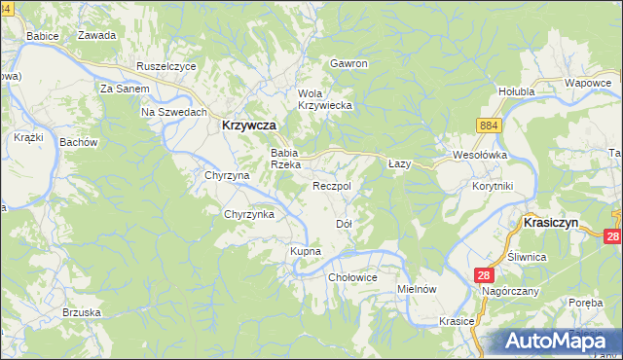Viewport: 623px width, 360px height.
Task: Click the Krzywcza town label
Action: click(x=249, y=126)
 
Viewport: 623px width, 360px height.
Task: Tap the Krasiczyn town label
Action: click(x=551, y=223)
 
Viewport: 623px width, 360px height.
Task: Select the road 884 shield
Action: click(x=489, y=126)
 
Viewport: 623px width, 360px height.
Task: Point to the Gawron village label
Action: click(x=348, y=63)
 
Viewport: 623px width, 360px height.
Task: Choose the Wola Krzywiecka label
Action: click(x=324, y=98)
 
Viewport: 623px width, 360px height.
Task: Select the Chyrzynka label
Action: click(x=249, y=214)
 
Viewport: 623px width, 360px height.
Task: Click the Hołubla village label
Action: click(x=517, y=92)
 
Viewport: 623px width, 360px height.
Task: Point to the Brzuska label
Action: click(x=82, y=312)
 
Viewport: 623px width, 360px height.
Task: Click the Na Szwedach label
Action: click(x=174, y=113)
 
